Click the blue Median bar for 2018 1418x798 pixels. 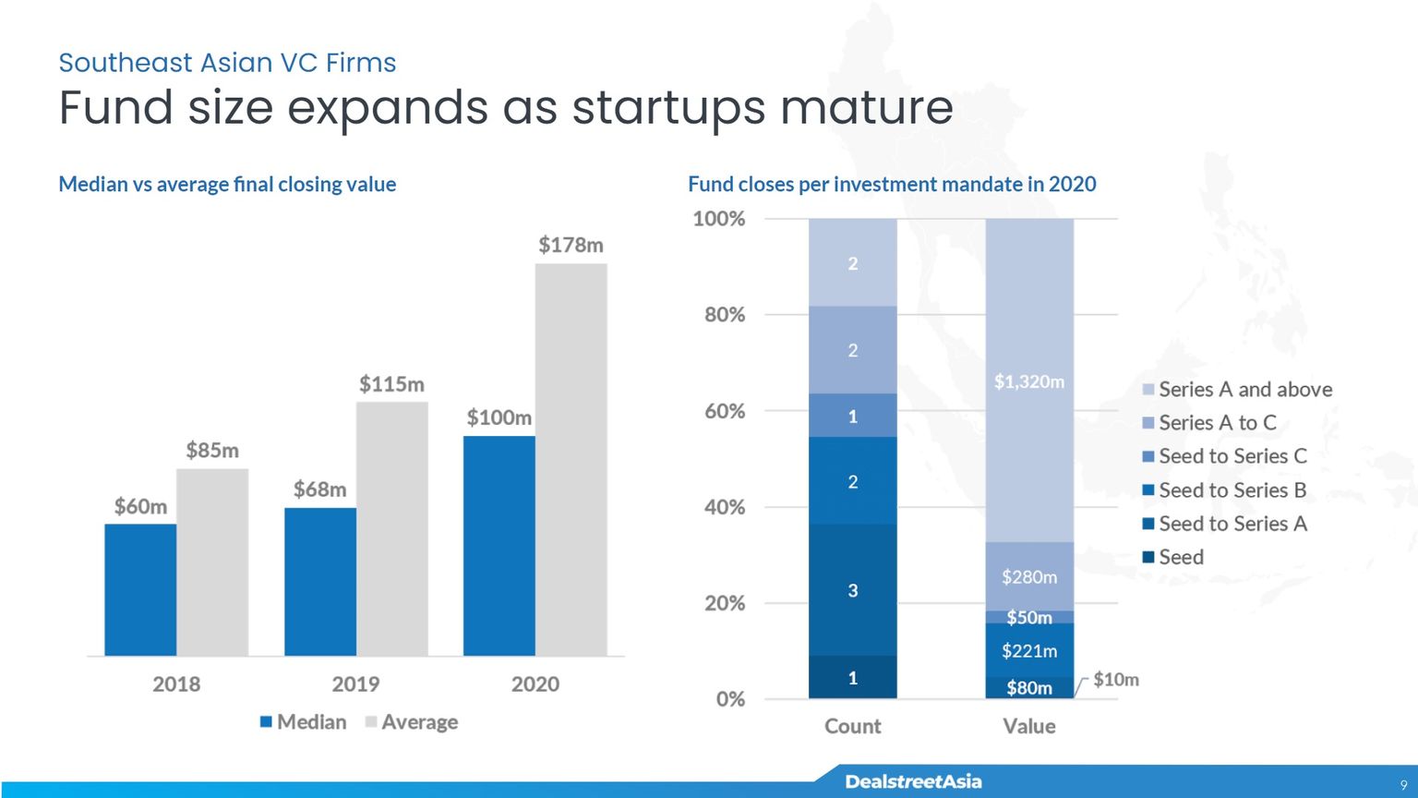point(140,589)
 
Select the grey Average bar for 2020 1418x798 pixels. point(571,460)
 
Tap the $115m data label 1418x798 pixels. point(391,384)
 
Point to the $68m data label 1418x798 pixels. point(319,489)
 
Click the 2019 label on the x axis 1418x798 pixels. point(355,684)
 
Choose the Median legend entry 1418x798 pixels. point(303,722)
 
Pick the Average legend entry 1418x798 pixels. point(412,722)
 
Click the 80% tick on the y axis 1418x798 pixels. point(725,315)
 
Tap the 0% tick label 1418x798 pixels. point(730,699)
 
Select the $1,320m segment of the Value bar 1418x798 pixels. point(1029,380)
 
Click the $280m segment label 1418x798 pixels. point(1029,577)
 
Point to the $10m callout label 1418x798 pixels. point(1116,680)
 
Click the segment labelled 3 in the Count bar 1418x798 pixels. point(853,590)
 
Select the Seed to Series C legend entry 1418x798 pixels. point(1225,456)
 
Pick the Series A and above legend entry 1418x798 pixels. point(1238,389)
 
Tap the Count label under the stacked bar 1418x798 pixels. point(853,726)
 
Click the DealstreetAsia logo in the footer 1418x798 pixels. point(913,781)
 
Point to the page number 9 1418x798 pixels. point(1403,785)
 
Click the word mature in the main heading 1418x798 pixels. point(867,108)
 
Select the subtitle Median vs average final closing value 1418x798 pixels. point(227,185)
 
